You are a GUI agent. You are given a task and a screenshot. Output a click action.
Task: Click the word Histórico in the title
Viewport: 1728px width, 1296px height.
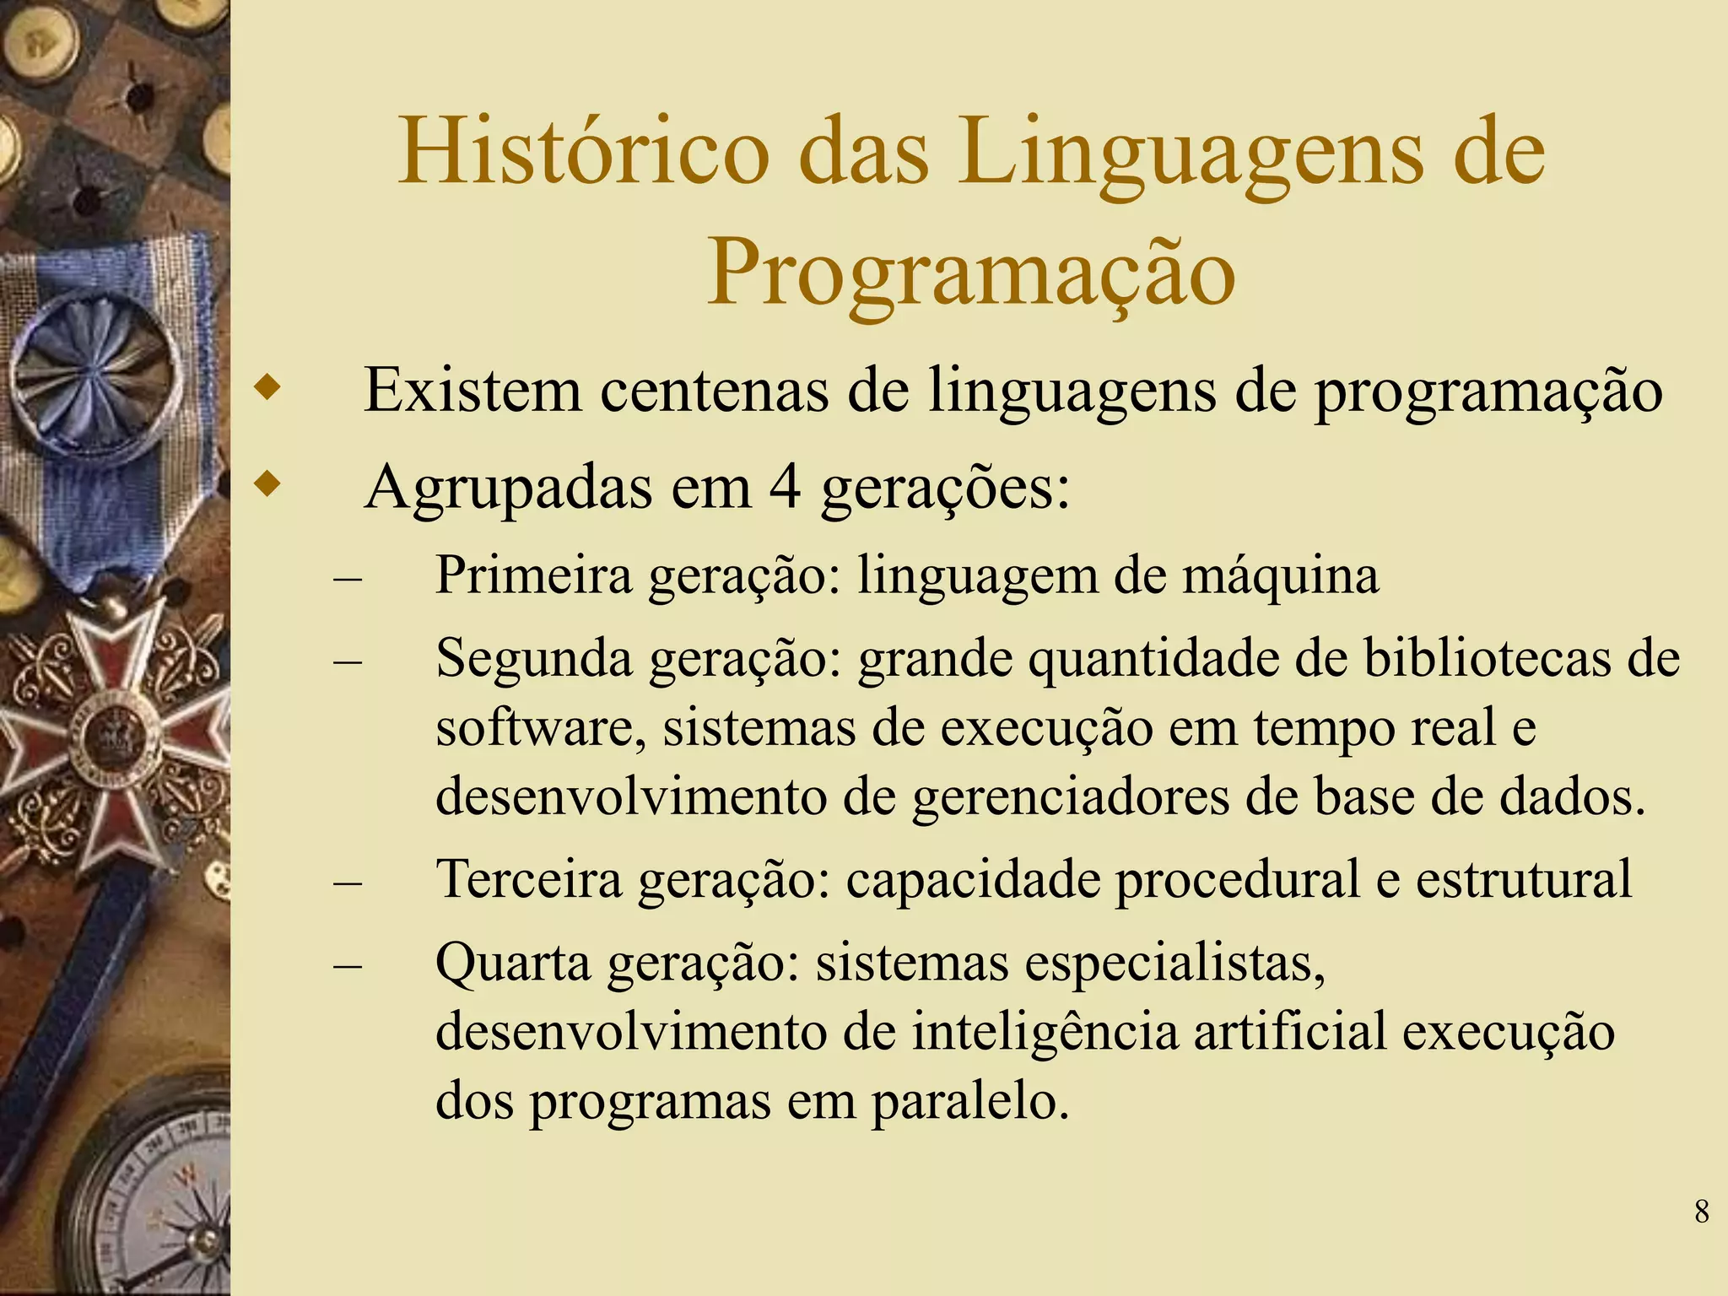click(x=583, y=152)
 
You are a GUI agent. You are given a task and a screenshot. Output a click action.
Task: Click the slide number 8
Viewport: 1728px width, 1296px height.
click(x=1702, y=1212)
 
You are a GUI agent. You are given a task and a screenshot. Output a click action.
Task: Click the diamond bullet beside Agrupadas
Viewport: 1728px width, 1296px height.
click(x=267, y=485)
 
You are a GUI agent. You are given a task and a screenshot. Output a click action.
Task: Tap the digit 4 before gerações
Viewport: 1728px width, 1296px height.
click(x=785, y=488)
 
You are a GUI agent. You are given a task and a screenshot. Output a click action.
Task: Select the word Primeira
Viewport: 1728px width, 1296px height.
click(x=533, y=575)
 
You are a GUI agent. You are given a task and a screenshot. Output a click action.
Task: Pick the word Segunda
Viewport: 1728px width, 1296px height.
click(x=534, y=659)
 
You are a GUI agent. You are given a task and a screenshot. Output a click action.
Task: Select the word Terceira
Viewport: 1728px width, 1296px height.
click(x=529, y=879)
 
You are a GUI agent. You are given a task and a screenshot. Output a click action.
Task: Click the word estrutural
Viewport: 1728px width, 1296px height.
click(x=1524, y=879)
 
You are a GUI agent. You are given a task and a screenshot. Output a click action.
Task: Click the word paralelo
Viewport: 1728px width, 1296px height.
click(x=969, y=1101)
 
